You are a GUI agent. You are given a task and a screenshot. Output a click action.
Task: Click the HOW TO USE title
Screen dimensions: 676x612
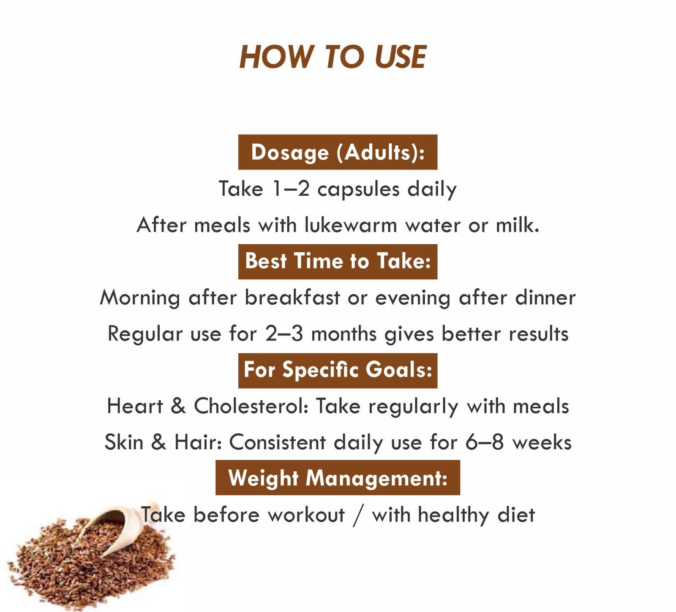point(333,57)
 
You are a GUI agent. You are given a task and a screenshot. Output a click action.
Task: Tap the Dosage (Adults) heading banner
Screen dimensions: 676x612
point(338,152)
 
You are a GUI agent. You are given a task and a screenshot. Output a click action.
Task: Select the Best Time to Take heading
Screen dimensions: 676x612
point(338,261)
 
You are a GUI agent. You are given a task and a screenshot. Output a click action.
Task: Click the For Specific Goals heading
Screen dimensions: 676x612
point(338,370)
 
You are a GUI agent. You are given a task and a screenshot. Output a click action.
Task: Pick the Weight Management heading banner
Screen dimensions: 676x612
point(338,478)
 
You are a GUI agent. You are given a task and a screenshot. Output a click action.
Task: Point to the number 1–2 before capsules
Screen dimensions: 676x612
point(292,189)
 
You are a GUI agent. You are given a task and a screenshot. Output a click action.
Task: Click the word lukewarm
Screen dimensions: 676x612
point(351,225)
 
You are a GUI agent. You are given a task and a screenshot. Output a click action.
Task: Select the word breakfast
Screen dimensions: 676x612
point(292,298)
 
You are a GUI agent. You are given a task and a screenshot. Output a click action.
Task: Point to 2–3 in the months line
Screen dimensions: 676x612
point(284,334)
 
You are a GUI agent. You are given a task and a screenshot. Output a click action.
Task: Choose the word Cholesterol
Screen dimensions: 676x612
point(251,406)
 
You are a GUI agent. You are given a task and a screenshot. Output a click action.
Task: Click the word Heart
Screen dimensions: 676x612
point(135,406)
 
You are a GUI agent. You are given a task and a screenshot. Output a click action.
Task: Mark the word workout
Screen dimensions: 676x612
point(306,515)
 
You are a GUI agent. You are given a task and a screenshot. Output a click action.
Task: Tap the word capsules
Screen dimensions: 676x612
point(358,189)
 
